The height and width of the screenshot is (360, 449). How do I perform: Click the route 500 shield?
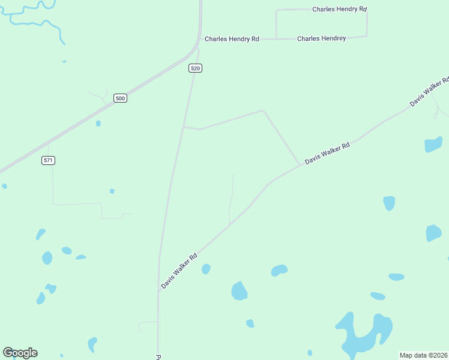tap(121, 98)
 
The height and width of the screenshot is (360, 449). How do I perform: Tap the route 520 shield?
tap(194, 68)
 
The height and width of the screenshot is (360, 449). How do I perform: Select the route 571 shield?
tap(49, 160)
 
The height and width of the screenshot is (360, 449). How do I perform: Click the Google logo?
tap(20, 353)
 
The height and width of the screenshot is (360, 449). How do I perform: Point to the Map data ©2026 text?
tap(423, 355)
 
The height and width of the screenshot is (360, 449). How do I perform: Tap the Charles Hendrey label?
tap(322, 38)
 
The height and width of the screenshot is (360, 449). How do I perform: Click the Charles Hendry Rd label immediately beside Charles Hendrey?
tap(232, 39)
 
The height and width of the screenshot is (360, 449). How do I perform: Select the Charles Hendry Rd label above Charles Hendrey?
tap(339, 10)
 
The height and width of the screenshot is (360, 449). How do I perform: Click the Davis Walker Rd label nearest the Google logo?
tap(179, 271)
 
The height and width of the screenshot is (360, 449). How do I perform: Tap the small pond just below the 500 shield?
tap(98, 124)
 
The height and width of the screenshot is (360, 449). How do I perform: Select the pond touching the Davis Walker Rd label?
tap(206, 269)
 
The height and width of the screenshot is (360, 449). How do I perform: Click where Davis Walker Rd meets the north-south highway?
tap(159, 292)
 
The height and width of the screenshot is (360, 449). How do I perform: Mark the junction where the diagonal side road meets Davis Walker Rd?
tap(300, 166)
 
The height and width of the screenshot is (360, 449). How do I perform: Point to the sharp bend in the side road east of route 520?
tap(262, 110)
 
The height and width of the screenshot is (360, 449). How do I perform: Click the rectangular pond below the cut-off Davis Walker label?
tap(433, 145)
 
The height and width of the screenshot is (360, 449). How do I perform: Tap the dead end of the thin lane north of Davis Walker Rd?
tap(233, 175)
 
